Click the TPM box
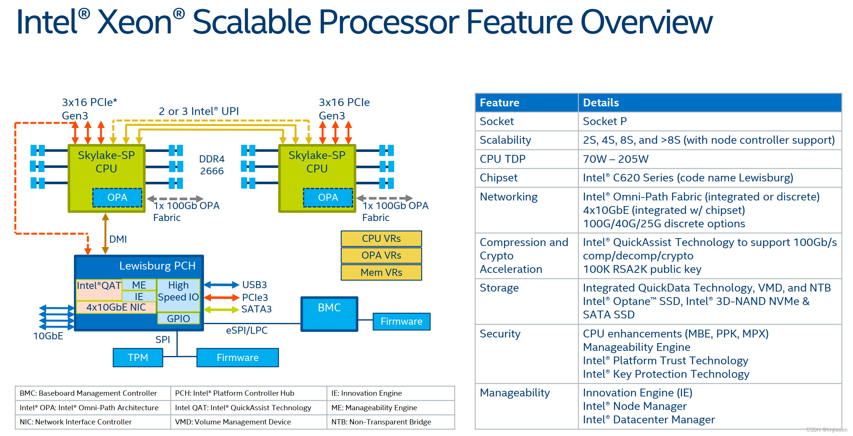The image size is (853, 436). [x=138, y=358]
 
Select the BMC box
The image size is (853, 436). [x=329, y=314]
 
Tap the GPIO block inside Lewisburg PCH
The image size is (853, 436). [x=178, y=318]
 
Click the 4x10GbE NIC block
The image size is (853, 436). [x=116, y=307]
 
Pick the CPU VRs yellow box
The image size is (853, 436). [x=381, y=239]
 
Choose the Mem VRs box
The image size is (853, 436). [x=381, y=272]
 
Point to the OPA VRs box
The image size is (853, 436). [x=381, y=255]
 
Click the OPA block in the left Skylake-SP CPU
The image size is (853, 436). [x=117, y=197]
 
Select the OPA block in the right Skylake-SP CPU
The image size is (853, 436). [x=328, y=197]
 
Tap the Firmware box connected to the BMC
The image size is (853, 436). [x=401, y=321]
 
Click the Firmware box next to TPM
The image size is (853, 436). [x=237, y=358]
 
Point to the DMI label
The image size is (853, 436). [x=118, y=239]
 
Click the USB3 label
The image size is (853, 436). [x=255, y=285]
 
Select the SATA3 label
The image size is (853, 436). [x=256, y=309]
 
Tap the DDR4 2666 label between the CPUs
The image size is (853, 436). [x=212, y=165]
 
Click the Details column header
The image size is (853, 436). [x=601, y=103]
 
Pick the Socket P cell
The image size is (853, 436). [x=605, y=121]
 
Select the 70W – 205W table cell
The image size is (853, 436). [x=616, y=159]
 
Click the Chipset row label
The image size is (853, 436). [x=498, y=178]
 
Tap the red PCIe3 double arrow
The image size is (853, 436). [x=221, y=298]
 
